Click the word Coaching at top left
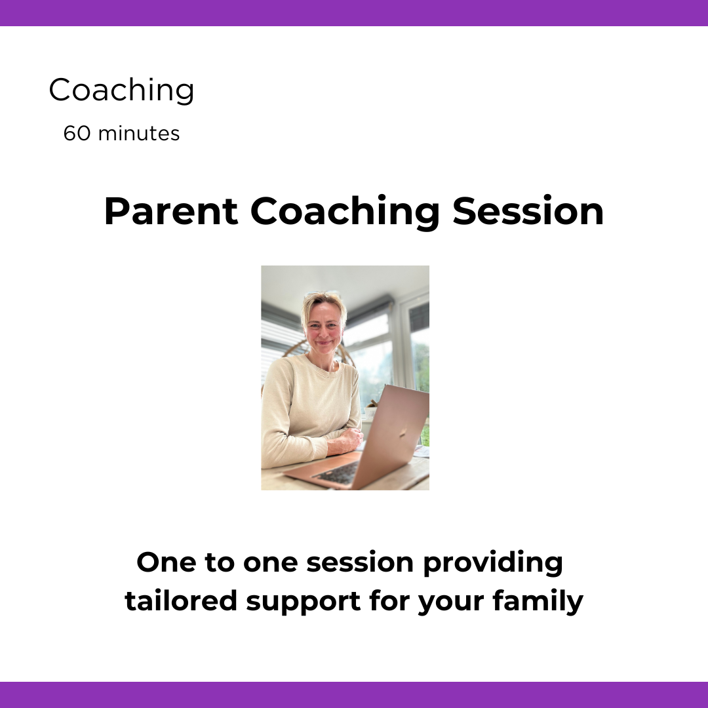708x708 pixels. click(x=121, y=90)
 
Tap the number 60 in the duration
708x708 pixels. click(x=77, y=134)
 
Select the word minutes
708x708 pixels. click(x=138, y=134)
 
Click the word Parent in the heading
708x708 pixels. click(x=170, y=211)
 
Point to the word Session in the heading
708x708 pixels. click(x=528, y=211)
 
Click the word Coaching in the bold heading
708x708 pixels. click(x=345, y=212)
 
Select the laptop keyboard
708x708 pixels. click(x=336, y=473)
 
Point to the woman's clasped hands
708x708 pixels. click(x=345, y=441)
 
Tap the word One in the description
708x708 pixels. click(x=166, y=562)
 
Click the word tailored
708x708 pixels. click(x=181, y=601)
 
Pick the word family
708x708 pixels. click(x=538, y=602)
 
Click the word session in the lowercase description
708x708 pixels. click(x=360, y=563)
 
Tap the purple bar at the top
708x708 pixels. click(x=354, y=12)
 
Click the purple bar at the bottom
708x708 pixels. click(x=354, y=695)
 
